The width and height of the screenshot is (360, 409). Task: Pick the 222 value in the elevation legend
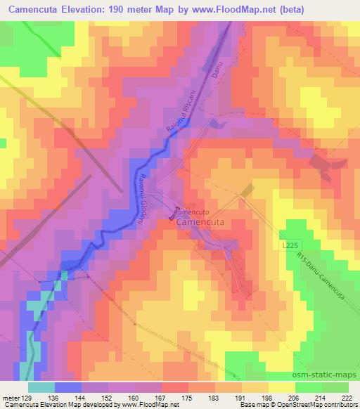[347, 397]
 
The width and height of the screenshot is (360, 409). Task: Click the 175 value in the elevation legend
[188, 397]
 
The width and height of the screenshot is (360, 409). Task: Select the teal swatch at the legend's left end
[41, 387]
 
